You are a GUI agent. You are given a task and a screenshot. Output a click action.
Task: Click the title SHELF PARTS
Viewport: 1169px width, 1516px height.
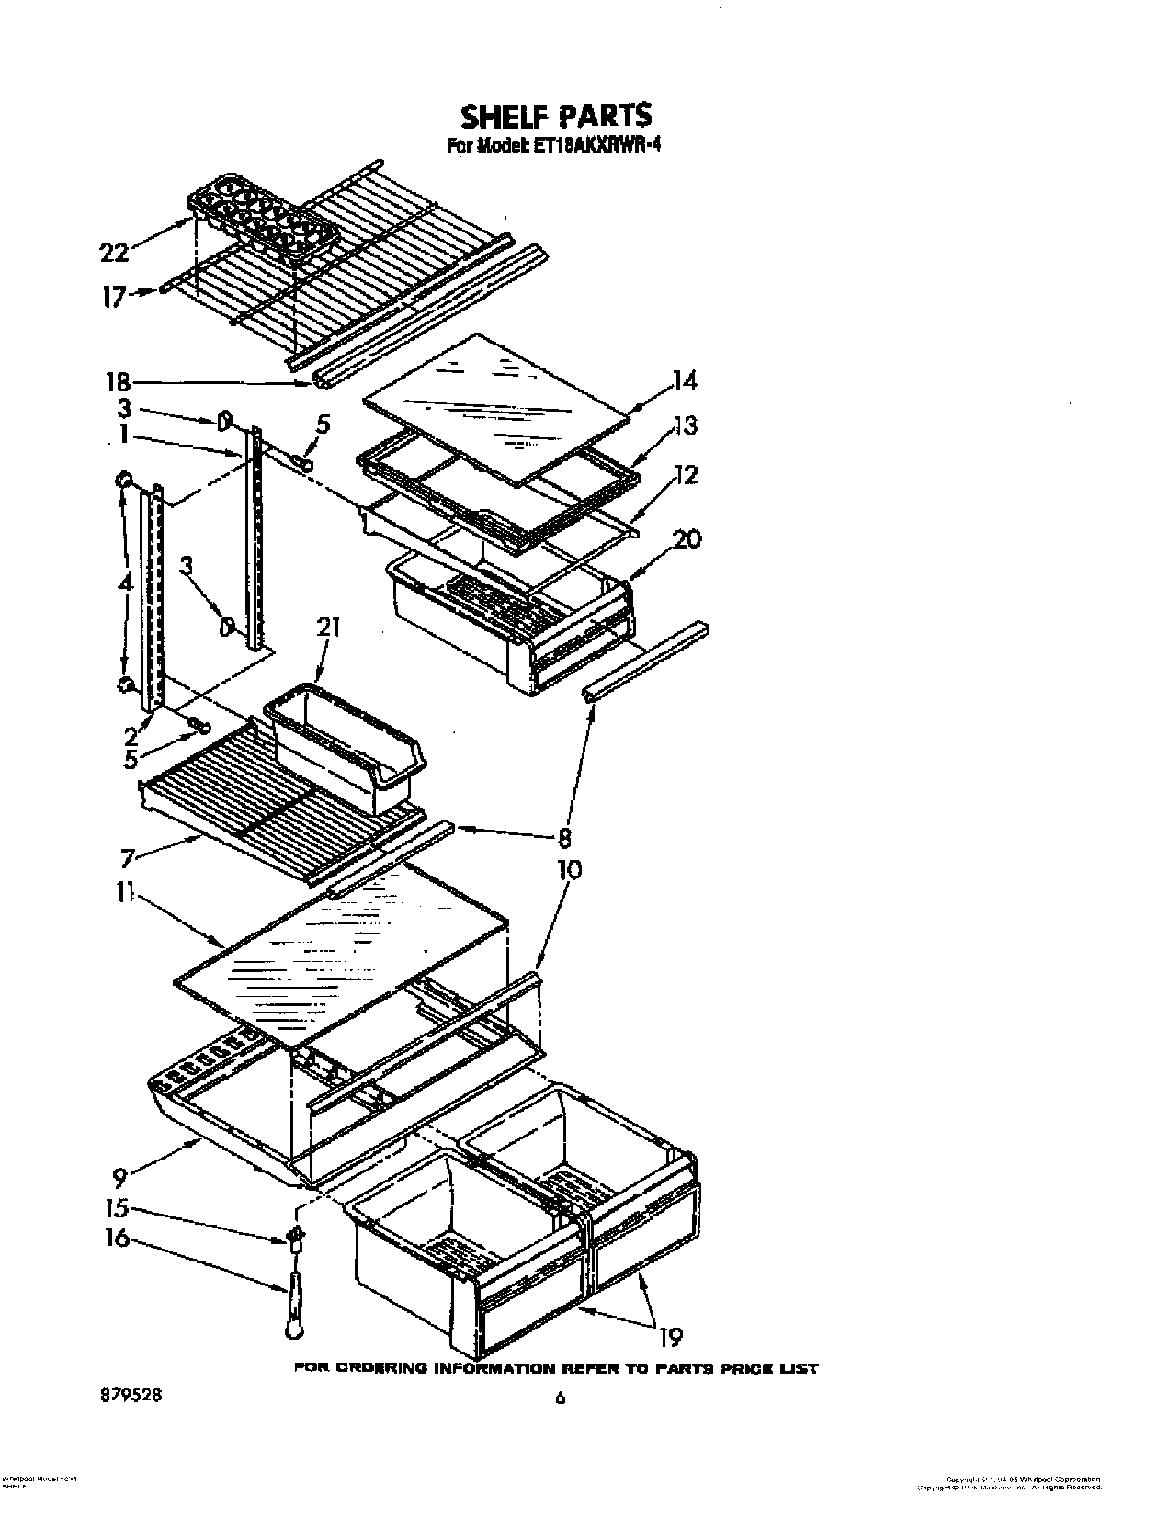coord(555,117)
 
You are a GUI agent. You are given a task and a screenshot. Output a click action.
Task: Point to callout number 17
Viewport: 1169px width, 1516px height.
coord(113,297)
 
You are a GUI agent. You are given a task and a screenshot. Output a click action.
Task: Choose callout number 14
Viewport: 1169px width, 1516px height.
coord(684,380)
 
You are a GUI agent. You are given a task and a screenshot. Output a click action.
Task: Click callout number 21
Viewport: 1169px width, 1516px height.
coord(328,628)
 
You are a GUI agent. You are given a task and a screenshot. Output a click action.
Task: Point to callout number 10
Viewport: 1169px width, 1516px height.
coord(568,869)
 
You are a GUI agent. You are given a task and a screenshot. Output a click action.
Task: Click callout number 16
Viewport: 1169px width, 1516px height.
coord(118,1239)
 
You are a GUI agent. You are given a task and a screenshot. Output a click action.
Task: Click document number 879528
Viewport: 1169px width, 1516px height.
coord(130,1394)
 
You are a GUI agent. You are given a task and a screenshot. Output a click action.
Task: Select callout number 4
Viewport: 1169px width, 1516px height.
coord(124,583)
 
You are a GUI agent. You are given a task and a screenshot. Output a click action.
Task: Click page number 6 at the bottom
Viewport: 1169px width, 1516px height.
coord(559,1399)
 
